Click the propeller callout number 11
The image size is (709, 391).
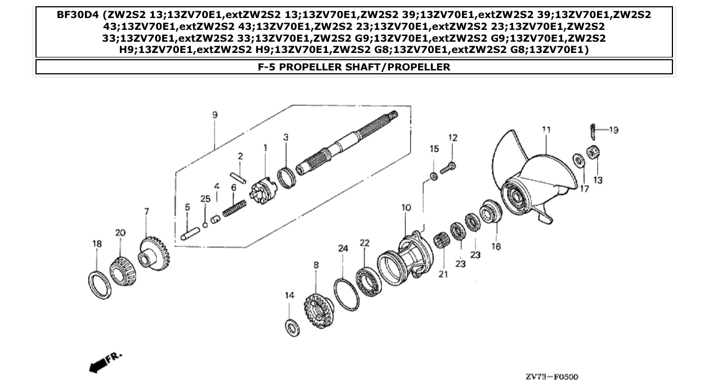545,130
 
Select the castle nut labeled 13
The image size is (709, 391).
592,152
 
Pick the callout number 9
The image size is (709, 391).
215,115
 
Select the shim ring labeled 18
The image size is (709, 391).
98,282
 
